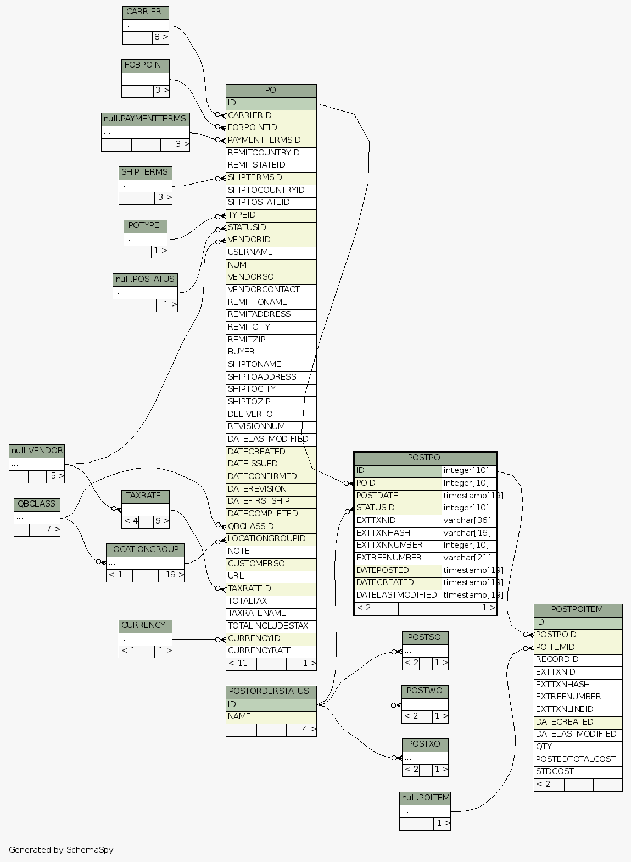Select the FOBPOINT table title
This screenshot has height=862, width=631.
[145, 65]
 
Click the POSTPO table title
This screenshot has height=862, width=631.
[425, 458]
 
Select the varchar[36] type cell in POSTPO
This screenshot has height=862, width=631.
[468, 520]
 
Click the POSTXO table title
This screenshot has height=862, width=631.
[425, 744]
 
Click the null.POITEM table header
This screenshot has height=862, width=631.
[425, 798]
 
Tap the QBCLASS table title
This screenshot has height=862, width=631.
[37, 504]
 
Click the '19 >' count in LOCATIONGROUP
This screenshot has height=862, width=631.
[171, 575]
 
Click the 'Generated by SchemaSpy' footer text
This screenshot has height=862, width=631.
[61, 850]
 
